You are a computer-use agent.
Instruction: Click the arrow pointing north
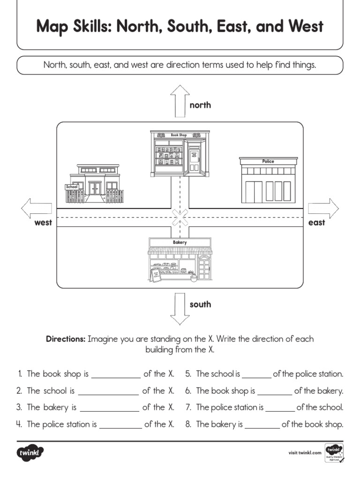[x=179, y=100]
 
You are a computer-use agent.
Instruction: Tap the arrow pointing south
[x=179, y=308]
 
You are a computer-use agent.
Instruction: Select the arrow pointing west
[x=37, y=208]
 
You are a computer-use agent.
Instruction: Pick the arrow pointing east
[x=323, y=208]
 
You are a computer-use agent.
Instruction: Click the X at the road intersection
[x=179, y=217]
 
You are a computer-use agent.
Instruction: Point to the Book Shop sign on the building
[x=179, y=135]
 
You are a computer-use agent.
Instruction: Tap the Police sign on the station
[x=268, y=161]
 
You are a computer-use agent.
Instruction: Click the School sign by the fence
[x=72, y=187]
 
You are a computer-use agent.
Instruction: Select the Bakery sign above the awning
[x=180, y=242]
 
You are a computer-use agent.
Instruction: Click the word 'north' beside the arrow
[x=200, y=105]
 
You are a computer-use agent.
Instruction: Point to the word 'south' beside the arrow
[x=200, y=304]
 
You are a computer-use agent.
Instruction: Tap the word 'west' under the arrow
[x=43, y=223]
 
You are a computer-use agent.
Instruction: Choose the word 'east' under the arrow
[x=316, y=223]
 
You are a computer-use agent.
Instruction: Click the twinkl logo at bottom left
[x=30, y=453]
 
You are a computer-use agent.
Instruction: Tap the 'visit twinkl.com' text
[x=305, y=453]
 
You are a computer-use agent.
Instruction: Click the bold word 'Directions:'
[x=66, y=339]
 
